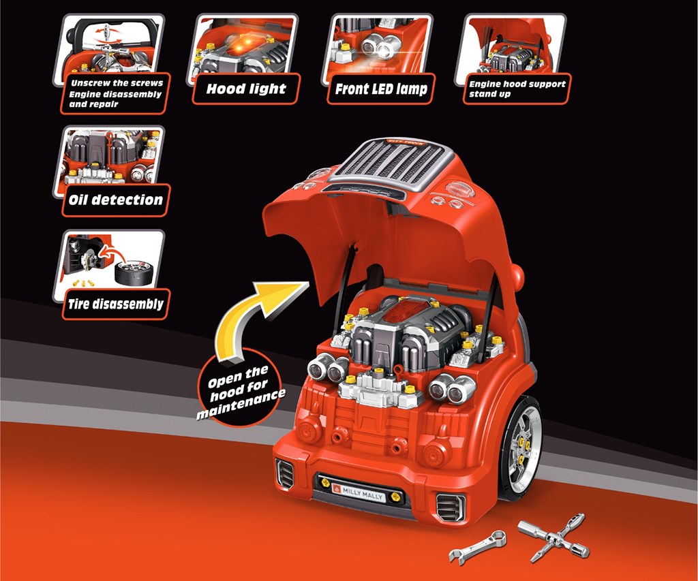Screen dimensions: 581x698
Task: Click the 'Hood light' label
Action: [245, 89]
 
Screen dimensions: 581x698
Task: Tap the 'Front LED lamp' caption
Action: [382, 89]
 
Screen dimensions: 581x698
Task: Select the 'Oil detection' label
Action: [115, 200]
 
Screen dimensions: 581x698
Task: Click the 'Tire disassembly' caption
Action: [115, 304]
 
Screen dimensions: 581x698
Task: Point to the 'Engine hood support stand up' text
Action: [517, 89]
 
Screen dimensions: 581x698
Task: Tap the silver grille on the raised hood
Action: [388, 163]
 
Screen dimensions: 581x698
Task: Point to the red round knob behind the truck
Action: [517, 277]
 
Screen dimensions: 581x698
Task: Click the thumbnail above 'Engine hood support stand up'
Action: [515, 45]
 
